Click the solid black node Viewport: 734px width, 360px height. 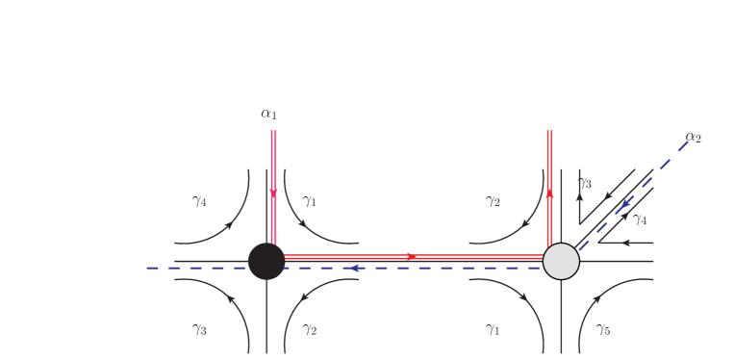[x=266, y=261]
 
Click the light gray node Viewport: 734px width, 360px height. [x=561, y=261]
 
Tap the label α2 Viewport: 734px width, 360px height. [x=694, y=137]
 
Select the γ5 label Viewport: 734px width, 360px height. [x=603, y=329]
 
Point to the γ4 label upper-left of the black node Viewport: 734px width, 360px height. [x=199, y=201]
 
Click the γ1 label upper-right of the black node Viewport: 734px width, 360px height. [x=309, y=201]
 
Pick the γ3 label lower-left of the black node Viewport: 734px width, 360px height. [x=199, y=329]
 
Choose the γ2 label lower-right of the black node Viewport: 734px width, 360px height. [x=310, y=329]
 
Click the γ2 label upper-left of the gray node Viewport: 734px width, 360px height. [x=493, y=201]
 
